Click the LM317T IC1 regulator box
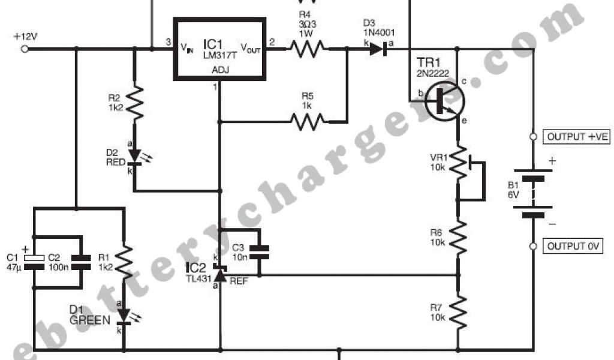(219, 49)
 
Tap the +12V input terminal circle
(25, 49)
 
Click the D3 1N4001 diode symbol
(377, 49)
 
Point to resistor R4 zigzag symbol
(308, 49)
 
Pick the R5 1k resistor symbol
(308, 122)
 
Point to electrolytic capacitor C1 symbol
(35, 258)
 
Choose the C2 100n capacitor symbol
(78, 258)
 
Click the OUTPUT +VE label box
(577, 137)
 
